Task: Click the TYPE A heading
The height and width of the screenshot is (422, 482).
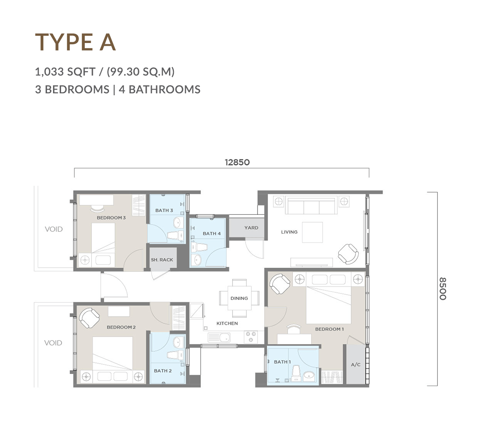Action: pyautogui.click(x=76, y=42)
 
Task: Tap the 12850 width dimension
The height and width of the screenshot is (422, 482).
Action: pyautogui.click(x=237, y=162)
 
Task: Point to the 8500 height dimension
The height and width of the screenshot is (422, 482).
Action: pyautogui.click(x=443, y=289)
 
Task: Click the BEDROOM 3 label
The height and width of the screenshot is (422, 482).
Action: pyautogui.click(x=111, y=217)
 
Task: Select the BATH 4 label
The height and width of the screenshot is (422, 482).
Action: pyautogui.click(x=212, y=234)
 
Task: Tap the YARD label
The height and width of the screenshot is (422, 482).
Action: pyautogui.click(x=251, y=228)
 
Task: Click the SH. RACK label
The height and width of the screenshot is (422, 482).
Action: pyautogui.click(x=162, y=260)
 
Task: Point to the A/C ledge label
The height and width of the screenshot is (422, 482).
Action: pyautogui.click(x=356, y=365)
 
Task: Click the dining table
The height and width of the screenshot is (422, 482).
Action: pyautogui.click(x=239, y=298)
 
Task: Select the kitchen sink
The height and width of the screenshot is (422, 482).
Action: pyautogui.click(x=219, y=337)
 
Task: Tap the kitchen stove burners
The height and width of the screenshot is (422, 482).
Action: pyautogui.click(x=251, y=337)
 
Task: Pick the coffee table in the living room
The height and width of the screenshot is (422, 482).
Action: pyautogui.click(x=312, y=232)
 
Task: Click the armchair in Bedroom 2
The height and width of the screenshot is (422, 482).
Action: pyautogui.click(x=89, y=318)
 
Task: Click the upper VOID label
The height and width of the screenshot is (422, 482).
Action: pyautogui.click(x=54, y=229)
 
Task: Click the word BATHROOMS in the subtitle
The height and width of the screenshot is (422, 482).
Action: pyautogui.click(x=164, y=90)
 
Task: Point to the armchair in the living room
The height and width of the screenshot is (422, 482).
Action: pyautogui.click(x=348, y=254)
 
